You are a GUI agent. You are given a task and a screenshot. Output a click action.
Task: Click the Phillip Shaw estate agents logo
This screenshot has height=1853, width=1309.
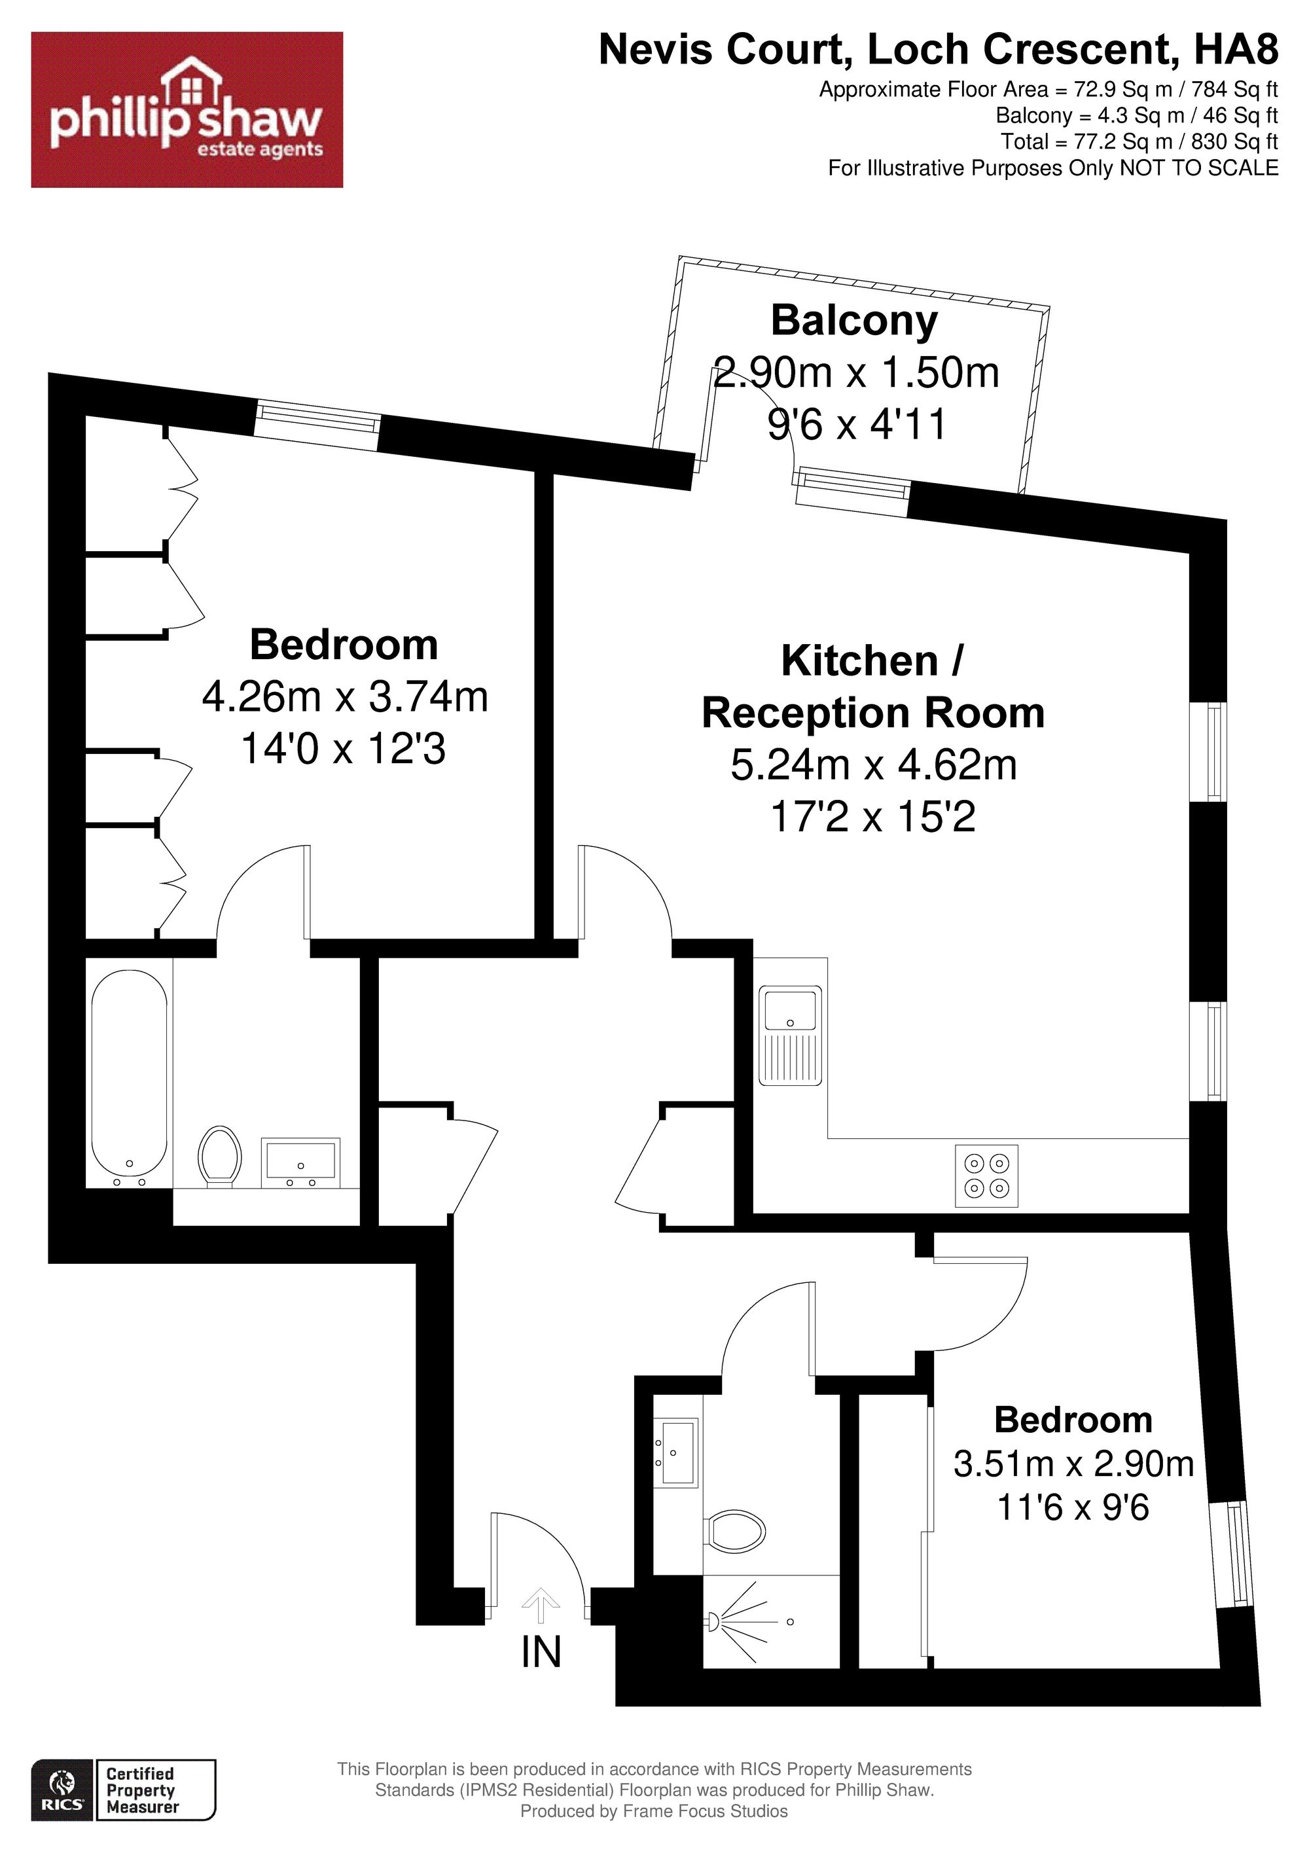click(187, 110)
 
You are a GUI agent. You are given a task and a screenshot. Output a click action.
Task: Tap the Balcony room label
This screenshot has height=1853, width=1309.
click(855, 321)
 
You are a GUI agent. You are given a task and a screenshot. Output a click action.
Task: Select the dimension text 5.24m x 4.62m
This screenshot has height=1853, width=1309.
click(874, 765)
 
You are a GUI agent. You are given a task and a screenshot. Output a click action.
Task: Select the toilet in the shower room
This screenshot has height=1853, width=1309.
click(734, 1528)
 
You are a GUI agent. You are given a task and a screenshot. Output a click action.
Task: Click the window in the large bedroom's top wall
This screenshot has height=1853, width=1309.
click(318, 426)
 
